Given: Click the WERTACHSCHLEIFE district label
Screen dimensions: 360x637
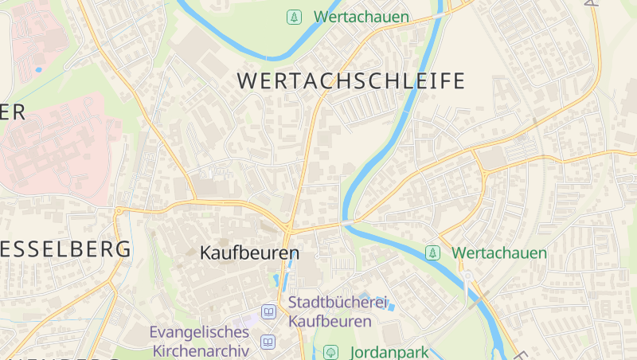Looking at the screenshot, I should click(350, 80).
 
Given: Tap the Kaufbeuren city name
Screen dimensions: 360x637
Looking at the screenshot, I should click(249, 253).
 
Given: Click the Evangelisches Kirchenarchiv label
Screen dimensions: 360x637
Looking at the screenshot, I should click(199, 340).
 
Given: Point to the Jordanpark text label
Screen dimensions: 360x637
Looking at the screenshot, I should click(388, 351).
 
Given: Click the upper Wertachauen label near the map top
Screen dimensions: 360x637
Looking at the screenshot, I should click(361, 16).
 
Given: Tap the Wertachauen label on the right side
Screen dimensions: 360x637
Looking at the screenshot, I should click(499, 253).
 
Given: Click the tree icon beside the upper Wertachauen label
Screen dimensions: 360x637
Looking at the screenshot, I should click(295, 16).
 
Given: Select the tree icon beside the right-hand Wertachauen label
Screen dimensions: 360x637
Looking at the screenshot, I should click(433, 253).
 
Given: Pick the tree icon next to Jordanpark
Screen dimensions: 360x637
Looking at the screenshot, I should click(330, 351).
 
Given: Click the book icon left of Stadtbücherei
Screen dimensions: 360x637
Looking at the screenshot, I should click(269, 311).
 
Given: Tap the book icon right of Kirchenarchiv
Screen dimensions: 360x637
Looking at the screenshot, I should click(268, 343).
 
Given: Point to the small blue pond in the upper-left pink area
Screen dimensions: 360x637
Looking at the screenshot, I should click(38, 69).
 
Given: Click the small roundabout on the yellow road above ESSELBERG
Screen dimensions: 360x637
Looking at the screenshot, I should click(119, 210).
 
